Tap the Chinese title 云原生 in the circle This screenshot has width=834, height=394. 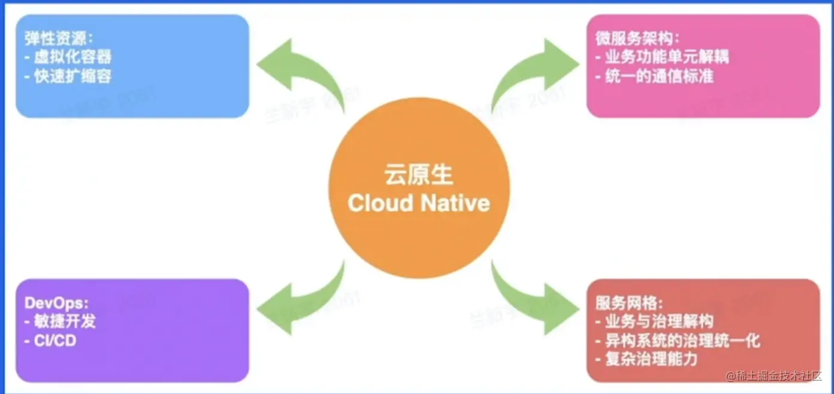tap(419, 175)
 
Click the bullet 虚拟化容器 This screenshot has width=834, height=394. tap(68, 57)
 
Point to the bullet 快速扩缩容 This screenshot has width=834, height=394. tap(68, 76)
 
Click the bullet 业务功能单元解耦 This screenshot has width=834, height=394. tap(662, 57)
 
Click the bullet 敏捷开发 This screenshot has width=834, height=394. tap(60, 322)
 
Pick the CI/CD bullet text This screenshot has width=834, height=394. tap(50, 341)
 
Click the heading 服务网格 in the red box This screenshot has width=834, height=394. tap(630, 303)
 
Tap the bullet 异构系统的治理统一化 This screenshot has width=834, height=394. tap(678, 341)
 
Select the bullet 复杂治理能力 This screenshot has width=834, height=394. tap(646, 359)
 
